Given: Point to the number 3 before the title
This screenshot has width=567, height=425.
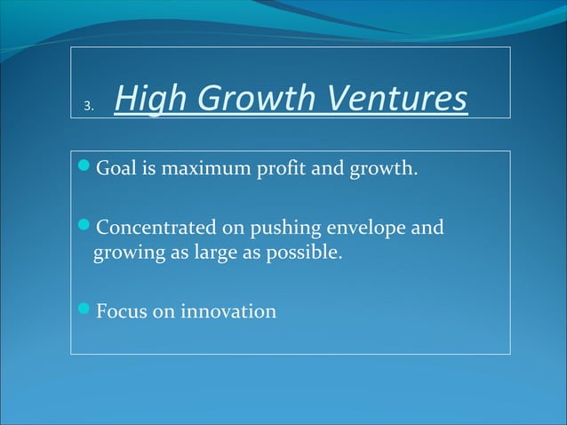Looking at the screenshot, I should coord(87,108).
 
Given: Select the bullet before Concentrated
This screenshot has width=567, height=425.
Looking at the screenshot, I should coord(84,228).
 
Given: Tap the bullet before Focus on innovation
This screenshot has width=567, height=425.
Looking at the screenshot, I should coord(84,311).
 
